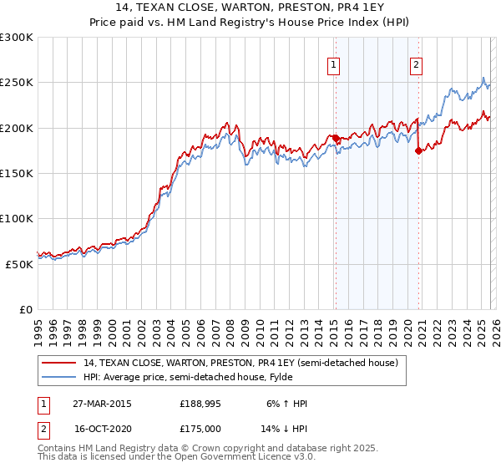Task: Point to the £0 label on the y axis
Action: click(25, 309)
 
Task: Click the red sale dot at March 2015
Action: click(335, 138)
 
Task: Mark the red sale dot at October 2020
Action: click(418, 150)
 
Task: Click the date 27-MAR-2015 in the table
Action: click(103, 404)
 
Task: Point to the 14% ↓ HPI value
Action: click(285, 428)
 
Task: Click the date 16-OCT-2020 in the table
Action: click(103, 428)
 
